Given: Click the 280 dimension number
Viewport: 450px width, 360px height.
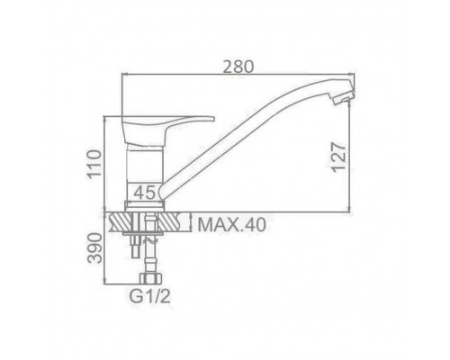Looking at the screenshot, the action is pos(238,67).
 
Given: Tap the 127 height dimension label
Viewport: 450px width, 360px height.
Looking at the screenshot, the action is pos(339,157).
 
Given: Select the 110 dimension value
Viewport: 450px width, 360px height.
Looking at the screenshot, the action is pos(94,164).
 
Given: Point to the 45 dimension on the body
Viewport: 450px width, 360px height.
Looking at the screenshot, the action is pos(145,193).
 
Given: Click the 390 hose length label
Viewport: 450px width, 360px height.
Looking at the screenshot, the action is pos(94,248).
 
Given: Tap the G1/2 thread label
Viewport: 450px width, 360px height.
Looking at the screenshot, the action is pos(150,297).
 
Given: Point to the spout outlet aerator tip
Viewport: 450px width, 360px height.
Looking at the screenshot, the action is pos(342,96).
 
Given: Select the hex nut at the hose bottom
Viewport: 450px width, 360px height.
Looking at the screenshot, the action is pos(150,278).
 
